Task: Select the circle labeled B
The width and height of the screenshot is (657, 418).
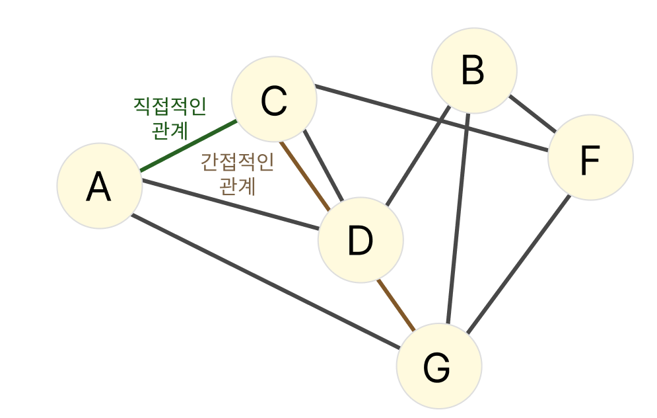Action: pyautogui.click(x=473, y=70)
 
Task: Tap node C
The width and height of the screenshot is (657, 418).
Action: pyautogui.click(x=274, y=100)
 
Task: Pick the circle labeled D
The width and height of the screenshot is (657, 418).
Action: pyautogui.click(x=360, y=240)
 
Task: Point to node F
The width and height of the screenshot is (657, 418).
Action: pyautogui.click(x=590, y=157)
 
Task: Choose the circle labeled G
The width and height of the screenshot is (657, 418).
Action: pyautogui.click(x=438, y=366)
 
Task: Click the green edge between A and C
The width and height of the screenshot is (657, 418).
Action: pyautogui.click(x=188, y=146)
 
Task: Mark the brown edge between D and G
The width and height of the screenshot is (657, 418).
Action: pyautogui.click(x=396, y=305)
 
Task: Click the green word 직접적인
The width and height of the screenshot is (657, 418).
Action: pyautogui.click(x=170, y=106)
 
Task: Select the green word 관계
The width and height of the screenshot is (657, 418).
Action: pyautogui.click(x=170, y=130)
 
